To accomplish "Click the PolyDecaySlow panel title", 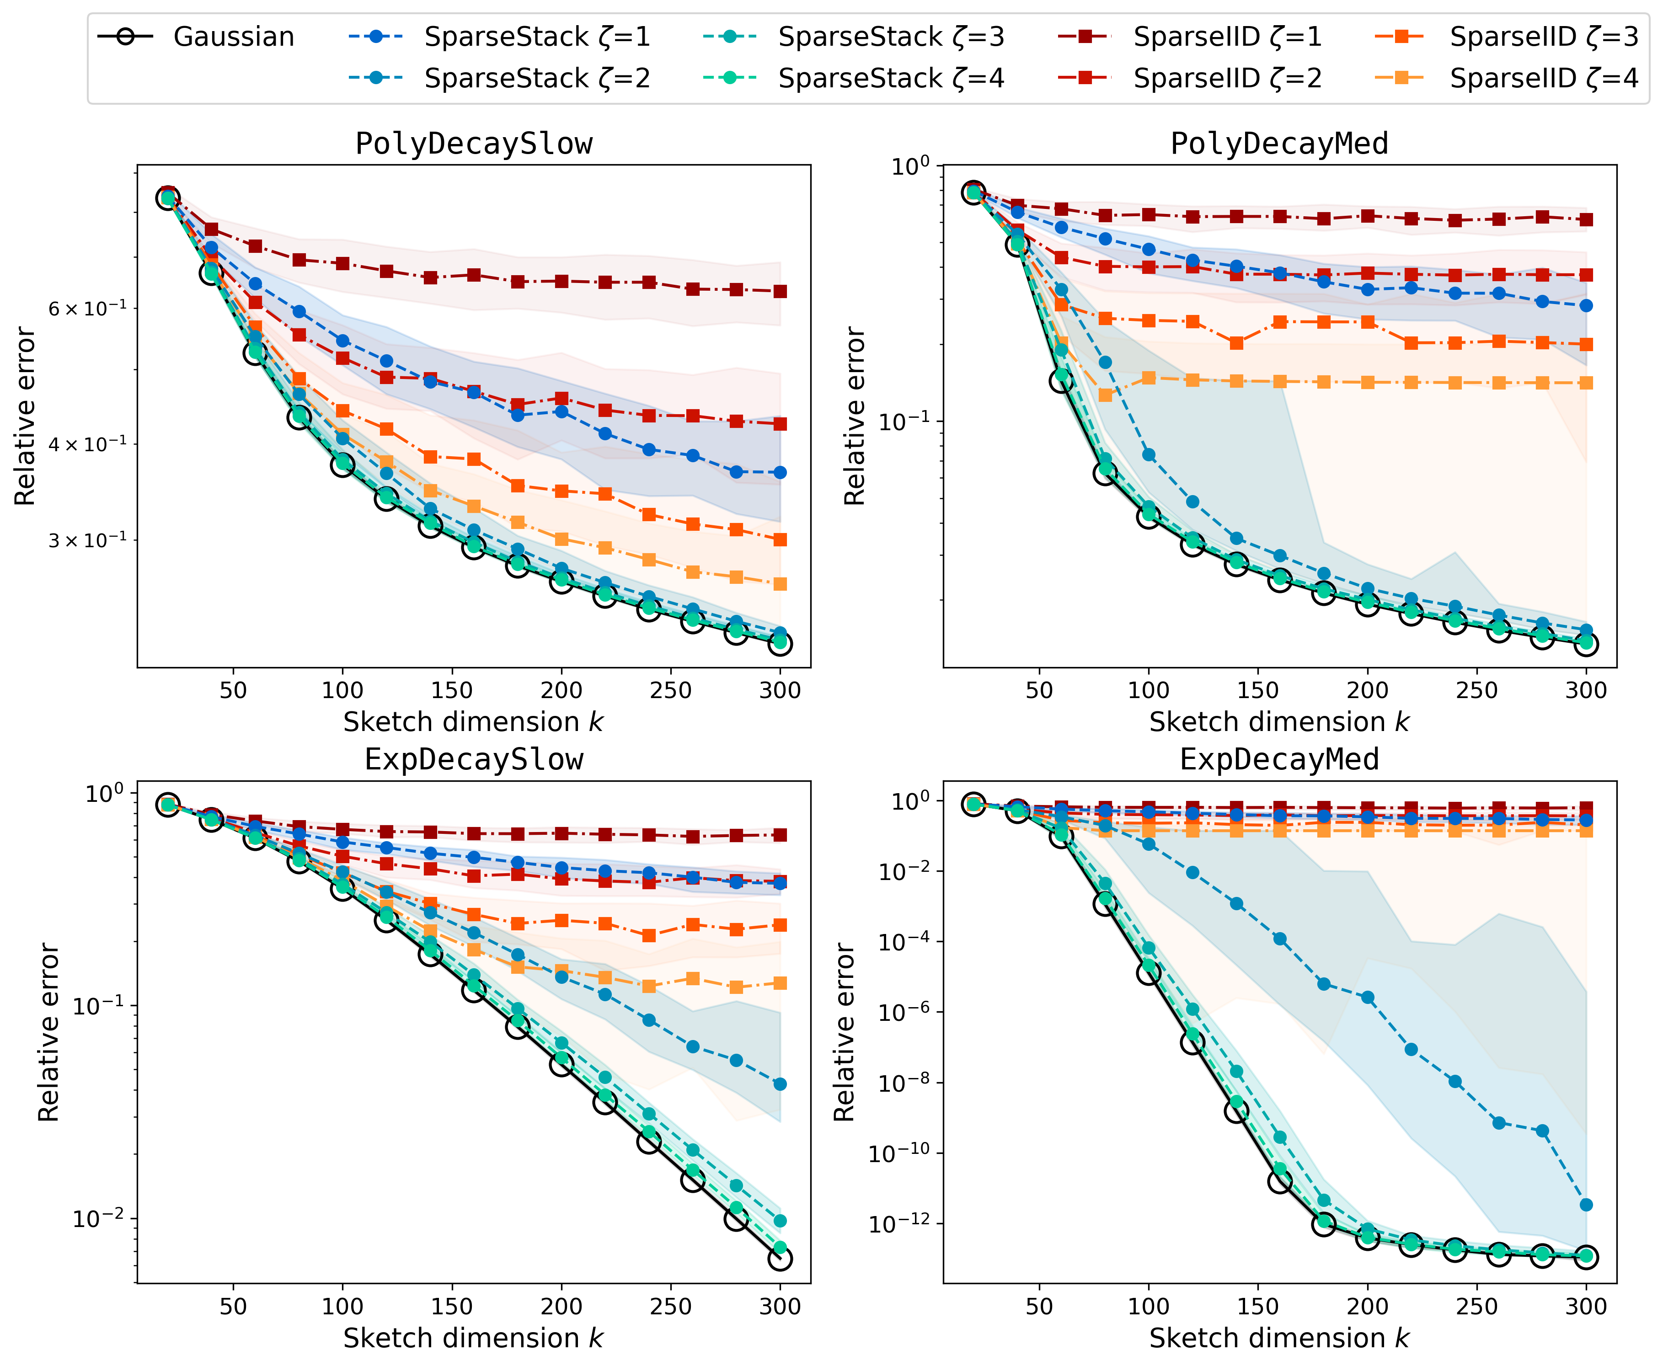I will (x=474, y=144).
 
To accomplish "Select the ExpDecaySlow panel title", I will (x=474, y=759).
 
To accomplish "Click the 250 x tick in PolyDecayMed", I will (x=1476, y=691).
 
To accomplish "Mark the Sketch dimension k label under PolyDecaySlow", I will (x=474, y=722).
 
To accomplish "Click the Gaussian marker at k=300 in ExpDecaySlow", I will (x=780, y=1259).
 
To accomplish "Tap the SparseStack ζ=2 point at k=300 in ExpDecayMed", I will (x=1586, y=1205).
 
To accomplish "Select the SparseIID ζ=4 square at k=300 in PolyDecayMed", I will (x=1586, y=383).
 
